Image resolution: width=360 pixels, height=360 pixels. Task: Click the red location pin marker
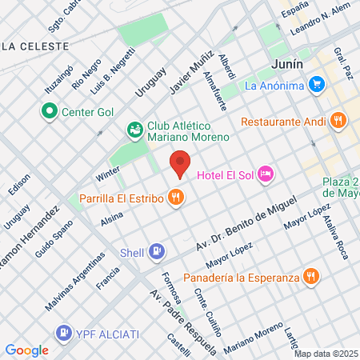point(180,164)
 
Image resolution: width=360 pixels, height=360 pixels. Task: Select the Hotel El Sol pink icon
point(266,174)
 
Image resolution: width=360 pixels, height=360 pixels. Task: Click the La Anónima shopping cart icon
point(318,84)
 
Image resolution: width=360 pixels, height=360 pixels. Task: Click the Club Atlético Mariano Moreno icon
point(134,129)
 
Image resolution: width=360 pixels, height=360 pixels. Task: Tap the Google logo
point(26,350)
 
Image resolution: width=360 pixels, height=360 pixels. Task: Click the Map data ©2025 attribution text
point(326,354)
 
